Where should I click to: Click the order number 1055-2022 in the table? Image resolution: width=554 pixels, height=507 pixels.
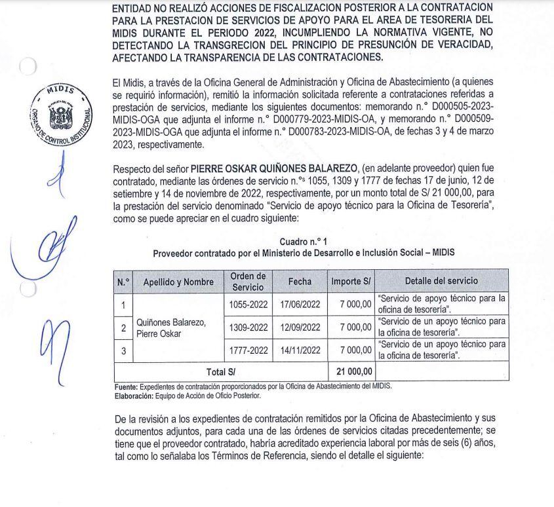coord(248,305)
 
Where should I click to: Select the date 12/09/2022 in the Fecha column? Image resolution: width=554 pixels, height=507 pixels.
coord(300,327)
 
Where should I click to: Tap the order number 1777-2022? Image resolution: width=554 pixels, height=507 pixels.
coord(248,350)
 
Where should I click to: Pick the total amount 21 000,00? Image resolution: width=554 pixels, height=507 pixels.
coord(354,371)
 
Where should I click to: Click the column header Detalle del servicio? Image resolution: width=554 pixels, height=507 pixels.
coord(441,281)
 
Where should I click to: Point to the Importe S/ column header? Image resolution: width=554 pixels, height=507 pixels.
coord(351,281)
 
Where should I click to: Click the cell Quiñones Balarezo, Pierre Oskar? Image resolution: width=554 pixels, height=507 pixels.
coord(171,328)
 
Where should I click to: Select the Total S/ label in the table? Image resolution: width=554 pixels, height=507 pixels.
coord(221,372)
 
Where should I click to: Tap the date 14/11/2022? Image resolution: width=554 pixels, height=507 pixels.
coord(300,350)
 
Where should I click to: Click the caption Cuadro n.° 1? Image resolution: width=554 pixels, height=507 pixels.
coord(303,242)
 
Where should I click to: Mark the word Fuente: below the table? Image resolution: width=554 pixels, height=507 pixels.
coord(126,386)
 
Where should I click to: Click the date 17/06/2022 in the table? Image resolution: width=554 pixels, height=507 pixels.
coord(300,305)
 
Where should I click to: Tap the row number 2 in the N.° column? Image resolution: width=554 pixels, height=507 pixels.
coord(123,328)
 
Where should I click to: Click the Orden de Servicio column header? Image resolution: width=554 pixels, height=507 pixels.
coord(248,281)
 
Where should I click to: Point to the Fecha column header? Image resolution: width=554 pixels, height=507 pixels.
coord(300,281)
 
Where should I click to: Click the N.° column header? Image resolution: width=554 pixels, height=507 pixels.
coord(123,282)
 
